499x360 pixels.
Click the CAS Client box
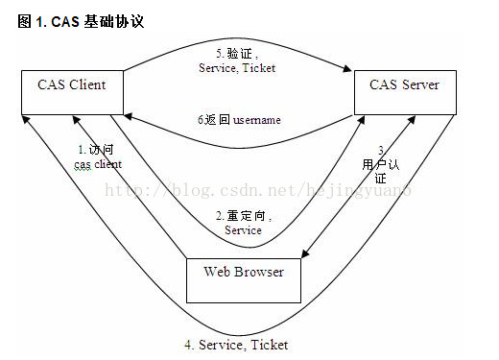tap(72, 91)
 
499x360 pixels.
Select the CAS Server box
tap(404, 91)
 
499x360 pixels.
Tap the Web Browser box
tap(244, 278)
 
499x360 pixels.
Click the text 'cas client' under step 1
tap(98, 164)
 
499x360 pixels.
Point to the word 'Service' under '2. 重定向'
tap(243, 230)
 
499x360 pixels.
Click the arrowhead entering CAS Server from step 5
tap(345, 68)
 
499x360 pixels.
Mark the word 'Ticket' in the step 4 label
tap(270, 344)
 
